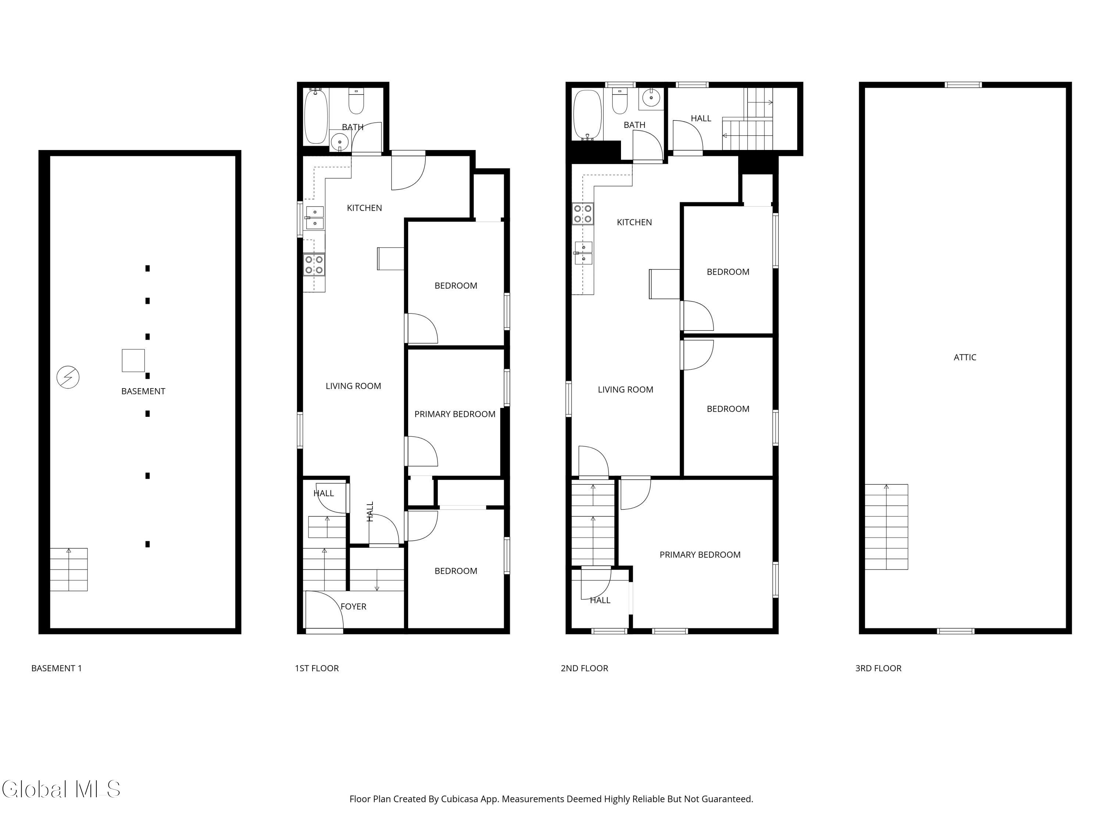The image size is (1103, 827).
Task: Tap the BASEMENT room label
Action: [143, 391]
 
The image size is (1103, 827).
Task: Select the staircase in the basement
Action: [69, 569]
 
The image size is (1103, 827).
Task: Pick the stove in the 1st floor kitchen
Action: [314, 265]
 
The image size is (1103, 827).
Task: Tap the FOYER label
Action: [354, 607]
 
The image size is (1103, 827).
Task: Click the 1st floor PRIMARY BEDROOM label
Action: [455, 414]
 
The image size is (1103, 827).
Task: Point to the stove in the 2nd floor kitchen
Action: [582, 213]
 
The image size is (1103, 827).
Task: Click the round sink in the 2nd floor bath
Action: [651, 98]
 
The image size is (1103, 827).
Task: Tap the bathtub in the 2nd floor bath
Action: [588, 114]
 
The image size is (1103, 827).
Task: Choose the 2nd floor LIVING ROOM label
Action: [625, 390]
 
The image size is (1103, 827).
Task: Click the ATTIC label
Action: [965, 357]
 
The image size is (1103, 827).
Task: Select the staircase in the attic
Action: [886, 527]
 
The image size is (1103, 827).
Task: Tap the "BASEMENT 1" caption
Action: [56, 669]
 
